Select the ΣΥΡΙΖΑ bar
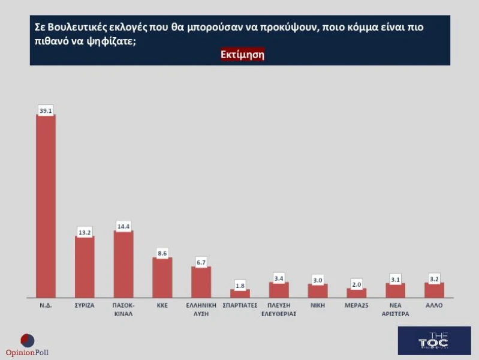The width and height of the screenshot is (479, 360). [x=85, y=266]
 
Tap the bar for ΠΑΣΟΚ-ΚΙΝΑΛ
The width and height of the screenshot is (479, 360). [x=123, y=264]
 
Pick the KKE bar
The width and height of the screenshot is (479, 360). [x=162, y=277]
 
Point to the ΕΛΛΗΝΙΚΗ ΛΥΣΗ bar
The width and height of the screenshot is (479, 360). [x=201, y=281]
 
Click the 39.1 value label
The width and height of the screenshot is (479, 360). [x=46, y=110]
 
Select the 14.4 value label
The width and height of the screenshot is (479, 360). [x=123, y=226]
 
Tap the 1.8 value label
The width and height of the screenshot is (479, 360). [x=240, y=285]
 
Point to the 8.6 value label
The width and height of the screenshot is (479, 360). [x=162, y=253]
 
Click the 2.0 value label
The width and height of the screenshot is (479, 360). [x=356, y=284]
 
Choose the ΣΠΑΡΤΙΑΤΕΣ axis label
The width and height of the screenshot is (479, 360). [x=240, y=305]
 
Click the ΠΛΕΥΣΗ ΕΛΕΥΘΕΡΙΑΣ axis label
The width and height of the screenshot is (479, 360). [x=279, y=309]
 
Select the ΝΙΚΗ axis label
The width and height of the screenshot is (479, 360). [x=317, y=305]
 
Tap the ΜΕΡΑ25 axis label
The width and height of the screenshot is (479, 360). [x=356, y=305]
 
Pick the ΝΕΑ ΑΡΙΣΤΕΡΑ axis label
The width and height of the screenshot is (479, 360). [x=395, y=309]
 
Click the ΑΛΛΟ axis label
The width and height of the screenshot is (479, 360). [x=433, y=305]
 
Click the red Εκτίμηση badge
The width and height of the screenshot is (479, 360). [x=242, y=54]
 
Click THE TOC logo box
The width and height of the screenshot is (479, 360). [x=434, y=341]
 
